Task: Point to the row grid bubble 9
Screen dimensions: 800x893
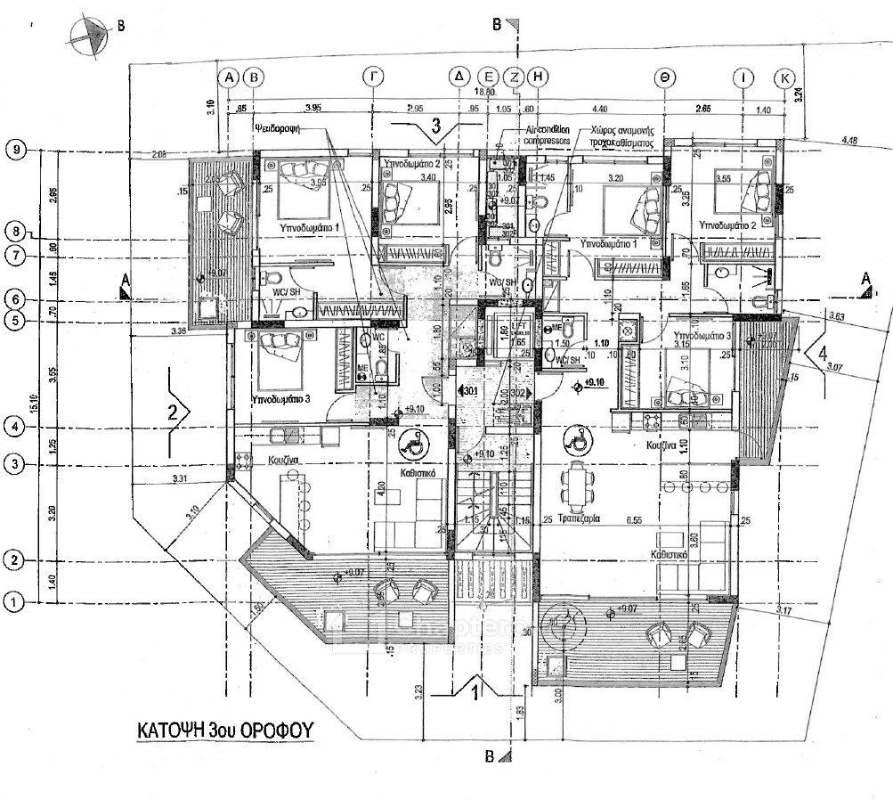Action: click(15, 150)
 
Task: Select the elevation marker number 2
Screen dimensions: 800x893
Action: click(175, 411)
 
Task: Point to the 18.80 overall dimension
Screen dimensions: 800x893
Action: click(484, 92)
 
